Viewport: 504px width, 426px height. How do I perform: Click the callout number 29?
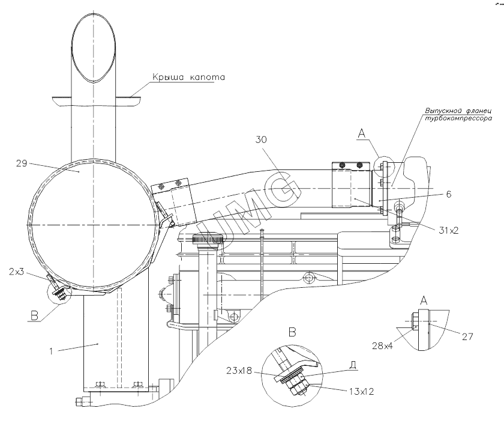point(22,163)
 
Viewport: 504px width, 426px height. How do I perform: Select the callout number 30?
point(262,139)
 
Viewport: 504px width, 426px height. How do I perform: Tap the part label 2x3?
point(16,272)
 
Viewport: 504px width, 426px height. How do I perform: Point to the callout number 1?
point(51,351)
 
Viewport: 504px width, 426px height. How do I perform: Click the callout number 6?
point(449,194)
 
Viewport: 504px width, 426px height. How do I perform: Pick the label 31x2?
point(449,230)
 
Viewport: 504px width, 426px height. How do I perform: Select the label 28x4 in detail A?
point(383,346)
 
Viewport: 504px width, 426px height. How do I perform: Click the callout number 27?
point(467,336)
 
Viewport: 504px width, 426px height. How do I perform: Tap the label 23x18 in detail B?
point(239,371)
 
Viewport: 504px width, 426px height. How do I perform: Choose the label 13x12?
point(362,392)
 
